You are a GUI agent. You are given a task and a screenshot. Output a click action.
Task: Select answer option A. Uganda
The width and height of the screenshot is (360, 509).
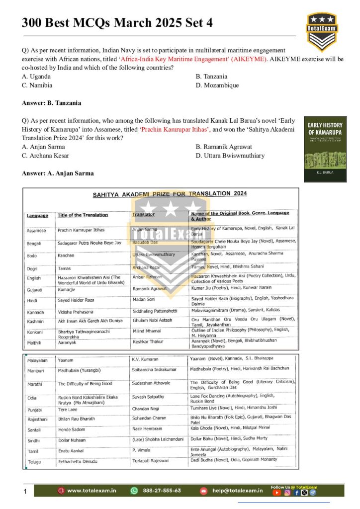[x=36, y=77]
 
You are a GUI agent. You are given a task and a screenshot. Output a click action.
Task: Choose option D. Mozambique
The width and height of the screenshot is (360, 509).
[x=217, y=85]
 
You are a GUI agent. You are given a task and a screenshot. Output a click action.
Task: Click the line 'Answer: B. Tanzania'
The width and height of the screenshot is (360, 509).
[x=51, y=103]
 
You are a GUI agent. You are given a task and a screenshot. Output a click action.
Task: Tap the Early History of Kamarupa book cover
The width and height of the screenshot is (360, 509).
[x=325, y=149]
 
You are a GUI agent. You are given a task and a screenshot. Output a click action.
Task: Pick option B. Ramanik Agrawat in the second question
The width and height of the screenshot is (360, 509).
[x=224, y=147]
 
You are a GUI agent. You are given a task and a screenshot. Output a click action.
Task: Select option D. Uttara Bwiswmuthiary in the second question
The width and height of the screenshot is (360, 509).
[x=230, y=156]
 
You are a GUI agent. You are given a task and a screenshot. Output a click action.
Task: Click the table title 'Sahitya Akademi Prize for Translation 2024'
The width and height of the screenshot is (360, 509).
[x=170, y=194]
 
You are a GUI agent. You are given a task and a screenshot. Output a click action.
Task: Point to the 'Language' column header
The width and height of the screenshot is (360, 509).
[x=37, y=215]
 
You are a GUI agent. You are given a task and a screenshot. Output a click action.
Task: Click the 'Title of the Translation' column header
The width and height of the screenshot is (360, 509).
[x=83, y=215]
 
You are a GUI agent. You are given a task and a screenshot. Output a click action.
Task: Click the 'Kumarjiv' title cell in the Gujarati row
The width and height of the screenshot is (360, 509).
[x=68, y=288]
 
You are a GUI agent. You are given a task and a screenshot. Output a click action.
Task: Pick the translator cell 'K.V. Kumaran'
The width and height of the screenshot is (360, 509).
[x=145, y=359]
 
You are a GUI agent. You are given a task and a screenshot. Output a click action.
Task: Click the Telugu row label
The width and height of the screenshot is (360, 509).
[x=34, y=461]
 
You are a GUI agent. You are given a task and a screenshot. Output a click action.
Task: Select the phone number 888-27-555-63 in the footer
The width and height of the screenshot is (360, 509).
[x=162, y=491]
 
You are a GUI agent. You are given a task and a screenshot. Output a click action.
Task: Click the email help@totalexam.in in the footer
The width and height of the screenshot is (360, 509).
[x=237, y=491]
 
